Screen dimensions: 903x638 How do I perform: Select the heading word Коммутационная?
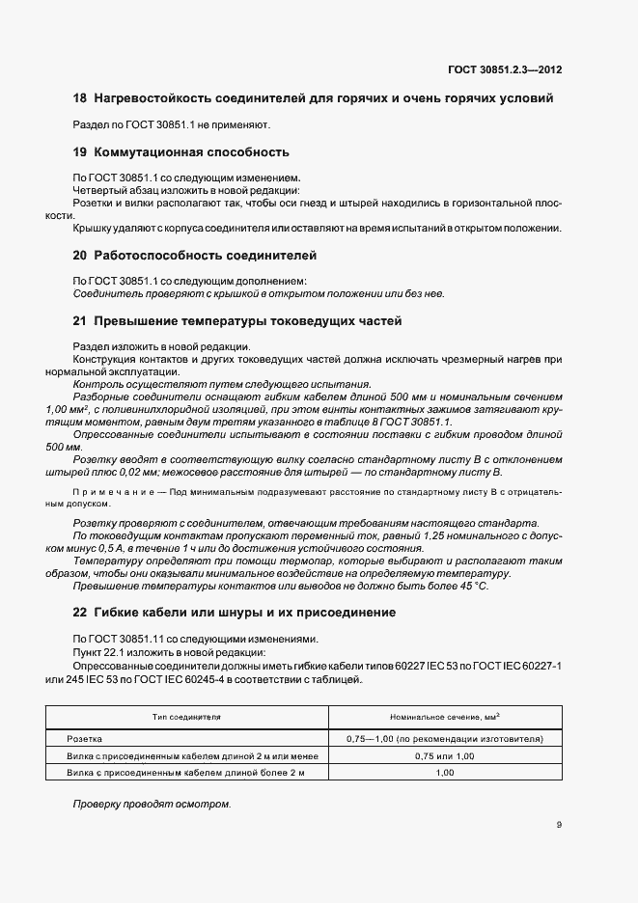coord(150,152)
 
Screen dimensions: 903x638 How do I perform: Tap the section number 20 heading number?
coord(80,256)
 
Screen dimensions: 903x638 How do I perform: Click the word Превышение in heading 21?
coord(141,320)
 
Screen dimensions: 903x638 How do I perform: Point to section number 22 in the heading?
coord(80,613)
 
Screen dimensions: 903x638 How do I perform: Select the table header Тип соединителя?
coord(186,718)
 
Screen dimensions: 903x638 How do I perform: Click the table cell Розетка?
coord(84,738)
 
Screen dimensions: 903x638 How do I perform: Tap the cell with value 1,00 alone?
coord(445,773)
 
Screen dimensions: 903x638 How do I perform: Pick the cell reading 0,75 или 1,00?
coord(445,755)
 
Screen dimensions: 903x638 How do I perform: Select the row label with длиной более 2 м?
coord(184,773)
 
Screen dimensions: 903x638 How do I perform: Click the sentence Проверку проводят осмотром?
coord(153,805)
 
